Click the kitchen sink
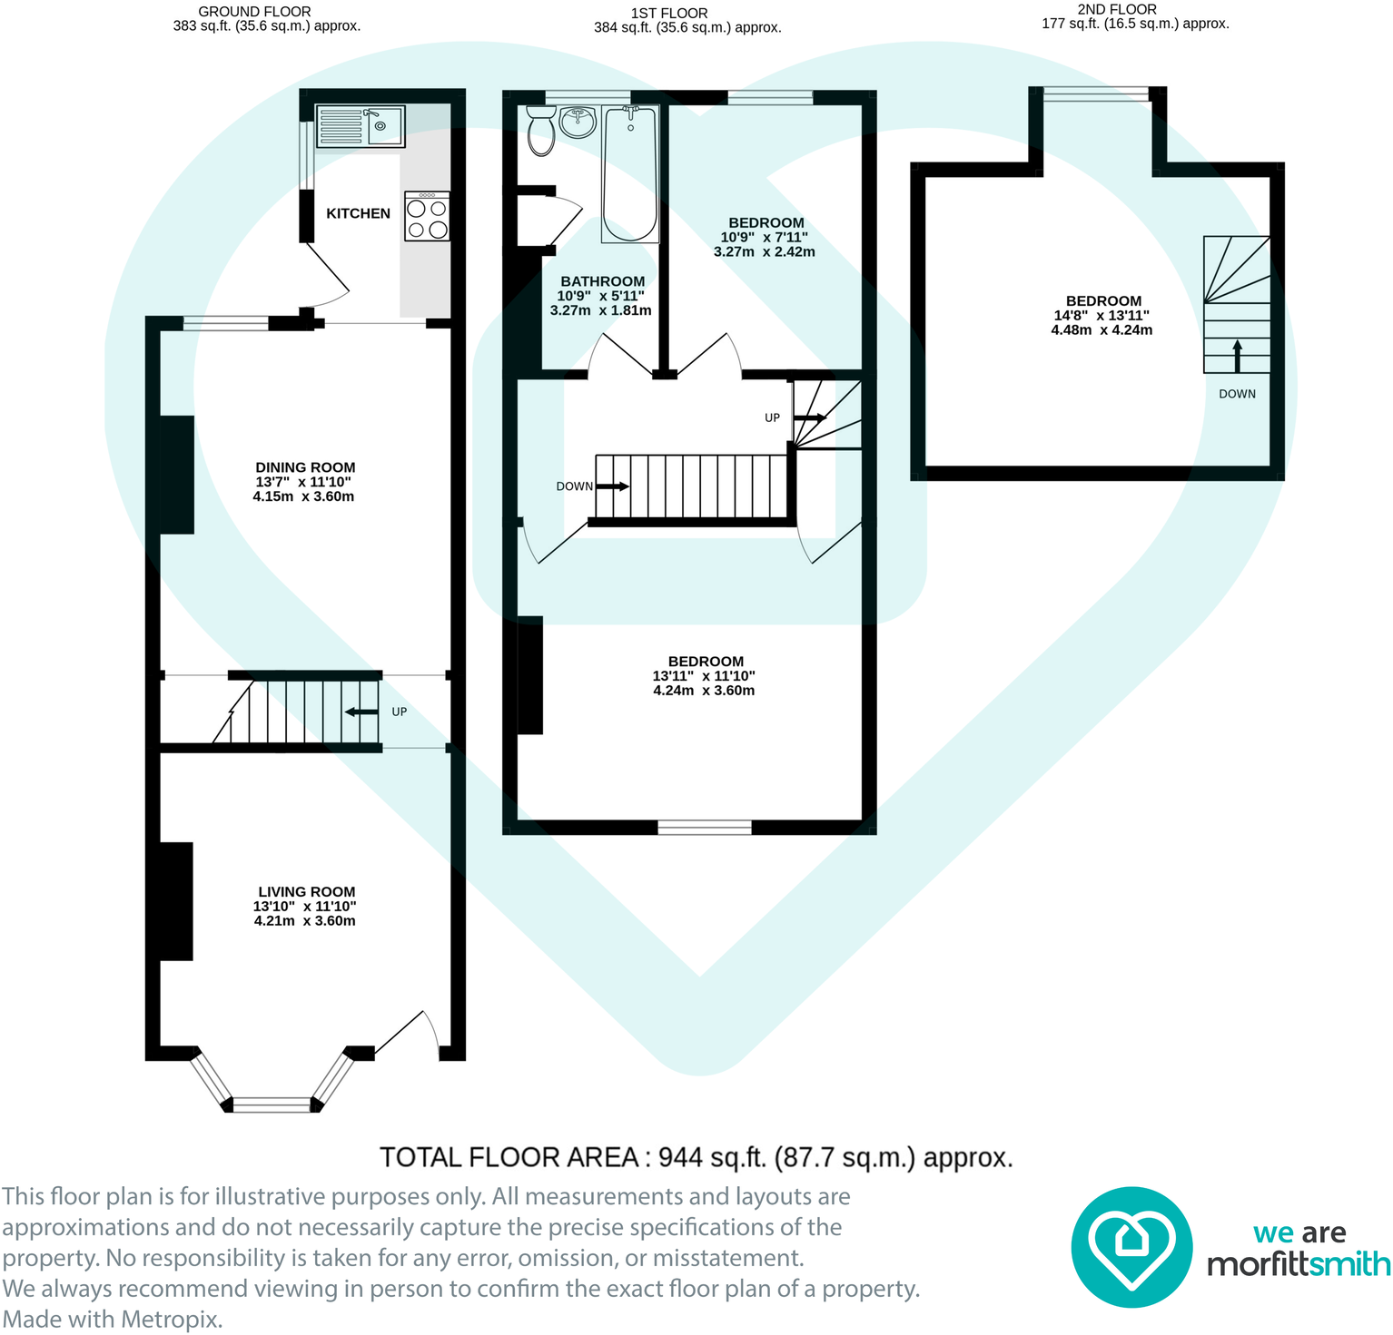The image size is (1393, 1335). (x=361, y=126)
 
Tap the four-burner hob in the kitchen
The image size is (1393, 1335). (x=427, y=216)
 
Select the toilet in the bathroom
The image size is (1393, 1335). (x=541, y=132)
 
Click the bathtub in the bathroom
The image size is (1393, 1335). (x=630, y=174)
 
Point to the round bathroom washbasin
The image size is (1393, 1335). (x=578, y=122)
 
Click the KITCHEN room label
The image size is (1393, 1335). (x=358, y=213)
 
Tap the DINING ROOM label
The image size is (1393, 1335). (x=305, y=467)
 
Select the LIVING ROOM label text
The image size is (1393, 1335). (x=306, y=891)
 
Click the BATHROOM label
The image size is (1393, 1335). (x=602, y=281)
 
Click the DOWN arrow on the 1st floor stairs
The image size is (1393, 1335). (x=612, y=486)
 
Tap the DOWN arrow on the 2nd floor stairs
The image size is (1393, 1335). (x=1237, y=356)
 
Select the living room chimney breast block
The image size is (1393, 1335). (x=174, y=901)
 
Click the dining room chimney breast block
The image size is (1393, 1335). (x=176, y=475)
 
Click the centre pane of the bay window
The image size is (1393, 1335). (x=272, y=1104)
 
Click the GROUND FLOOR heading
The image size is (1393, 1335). (x=254, y=11)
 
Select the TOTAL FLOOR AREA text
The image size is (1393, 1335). (x=696, y=1158)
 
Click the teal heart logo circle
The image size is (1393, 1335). (x=1131, y=1247)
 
